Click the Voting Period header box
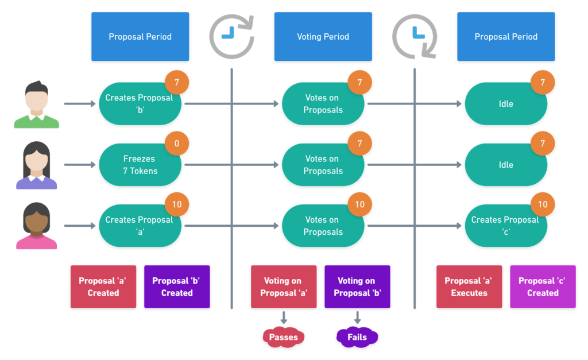(x=323, y=37)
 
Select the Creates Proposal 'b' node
(x=139, y=104)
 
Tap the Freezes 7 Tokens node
(x=140, y=165)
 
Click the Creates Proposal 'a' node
(x=139, y=226)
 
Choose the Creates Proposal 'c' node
(x=505, y=226)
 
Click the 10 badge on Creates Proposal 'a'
(x=177, y=204)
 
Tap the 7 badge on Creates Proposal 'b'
(x=177, y=83)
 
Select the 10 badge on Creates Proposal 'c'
(x=543, y=204)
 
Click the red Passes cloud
(x=283, y=337)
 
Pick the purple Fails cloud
(x=357, y=337)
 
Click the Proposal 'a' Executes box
(x=469, y=287)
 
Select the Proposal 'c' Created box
(x=543, y=287)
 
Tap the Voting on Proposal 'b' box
(x=357, y=287)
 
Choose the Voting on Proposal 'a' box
(x=284, y=287)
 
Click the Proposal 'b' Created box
(x=177, y=287)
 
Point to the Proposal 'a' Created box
(x=103, y=287)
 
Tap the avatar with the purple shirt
(x=37, y=167)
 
